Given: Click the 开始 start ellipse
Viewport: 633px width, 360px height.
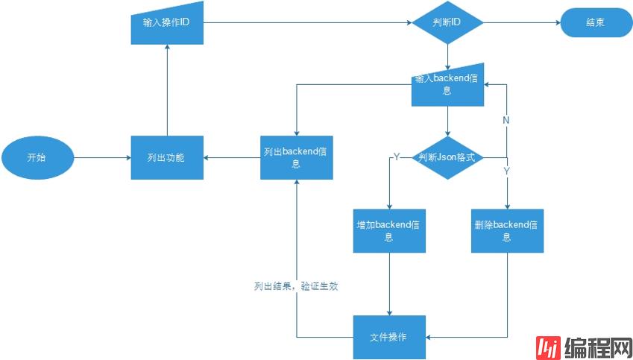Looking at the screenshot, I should [37, 158].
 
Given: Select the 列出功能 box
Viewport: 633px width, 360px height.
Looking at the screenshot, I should [166, 158].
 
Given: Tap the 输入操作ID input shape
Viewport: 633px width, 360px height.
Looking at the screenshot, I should [166, 23].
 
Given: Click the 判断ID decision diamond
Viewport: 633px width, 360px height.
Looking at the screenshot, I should [447, 23].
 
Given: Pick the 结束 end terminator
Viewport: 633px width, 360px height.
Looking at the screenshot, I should [595, 23].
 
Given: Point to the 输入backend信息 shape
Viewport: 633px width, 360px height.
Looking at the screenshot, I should [447, 85].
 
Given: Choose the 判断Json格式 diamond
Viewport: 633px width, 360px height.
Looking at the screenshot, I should [447, 158].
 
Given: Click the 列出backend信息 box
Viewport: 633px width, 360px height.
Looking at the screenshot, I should [296, 157].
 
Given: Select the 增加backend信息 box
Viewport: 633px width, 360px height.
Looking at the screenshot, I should [389, 230].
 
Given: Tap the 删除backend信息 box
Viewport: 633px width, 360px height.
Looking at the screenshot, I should [506, 230].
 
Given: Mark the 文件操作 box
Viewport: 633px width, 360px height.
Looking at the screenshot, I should [389, 337].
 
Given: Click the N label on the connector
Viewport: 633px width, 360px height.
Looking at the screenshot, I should [506, 120].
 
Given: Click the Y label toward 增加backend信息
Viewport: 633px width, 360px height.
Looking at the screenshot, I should [397, 157].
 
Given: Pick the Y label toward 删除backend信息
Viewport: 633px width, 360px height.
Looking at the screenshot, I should [506, 171].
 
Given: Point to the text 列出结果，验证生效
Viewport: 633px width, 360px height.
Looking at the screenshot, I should [295, 286].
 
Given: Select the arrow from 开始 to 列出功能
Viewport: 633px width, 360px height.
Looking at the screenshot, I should [102, 158].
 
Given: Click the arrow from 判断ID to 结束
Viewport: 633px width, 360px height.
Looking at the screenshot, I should [522, 23].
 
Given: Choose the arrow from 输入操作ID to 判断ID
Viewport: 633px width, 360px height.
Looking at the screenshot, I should [306, 23].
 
